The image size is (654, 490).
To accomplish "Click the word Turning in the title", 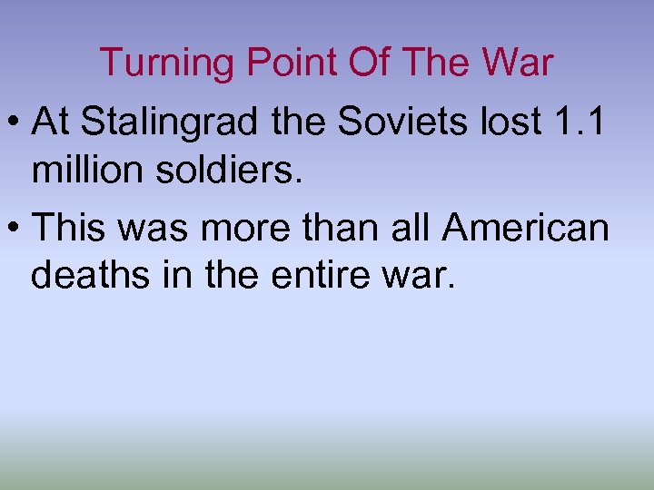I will tap(160, 63).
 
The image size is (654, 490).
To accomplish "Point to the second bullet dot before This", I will tap(15, 228).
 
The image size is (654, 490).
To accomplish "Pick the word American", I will tap(526, 227).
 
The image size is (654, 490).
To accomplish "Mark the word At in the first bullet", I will tap(50, 122).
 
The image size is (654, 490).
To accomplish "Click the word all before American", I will tap(412, 227).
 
